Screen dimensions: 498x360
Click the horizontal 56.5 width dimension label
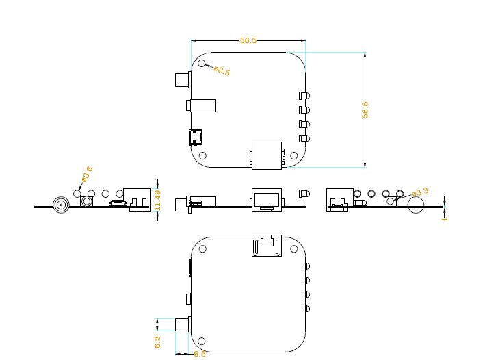click(248, 40)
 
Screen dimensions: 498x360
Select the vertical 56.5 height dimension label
click(365, 110)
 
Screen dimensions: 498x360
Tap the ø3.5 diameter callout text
click(222, 71)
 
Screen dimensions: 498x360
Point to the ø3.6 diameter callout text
click(87, 174)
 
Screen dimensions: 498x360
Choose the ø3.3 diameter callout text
click(420, 192)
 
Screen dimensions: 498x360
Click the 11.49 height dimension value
click(157, 200)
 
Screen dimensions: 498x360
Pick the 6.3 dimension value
click(157, 342)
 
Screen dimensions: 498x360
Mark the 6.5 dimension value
click(200, 354)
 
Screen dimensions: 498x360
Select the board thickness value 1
click(445, 219)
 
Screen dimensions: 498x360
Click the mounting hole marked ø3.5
click(202, 63)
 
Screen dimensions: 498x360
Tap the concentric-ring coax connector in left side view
click(61, 205)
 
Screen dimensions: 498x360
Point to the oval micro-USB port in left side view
click(118, 203)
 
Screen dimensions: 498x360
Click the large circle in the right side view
click(416, 205)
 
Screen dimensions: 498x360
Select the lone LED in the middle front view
click(304, 194)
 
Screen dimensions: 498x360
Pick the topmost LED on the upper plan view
click(304, 96)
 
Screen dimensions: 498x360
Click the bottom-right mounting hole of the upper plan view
click(293, 155)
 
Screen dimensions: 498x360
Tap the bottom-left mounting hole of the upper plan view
click(202, 155)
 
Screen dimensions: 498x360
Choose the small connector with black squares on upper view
click(196, 137)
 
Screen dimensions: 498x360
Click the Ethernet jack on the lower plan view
click(267, 246)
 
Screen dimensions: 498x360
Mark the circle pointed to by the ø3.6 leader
click(77, 194)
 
